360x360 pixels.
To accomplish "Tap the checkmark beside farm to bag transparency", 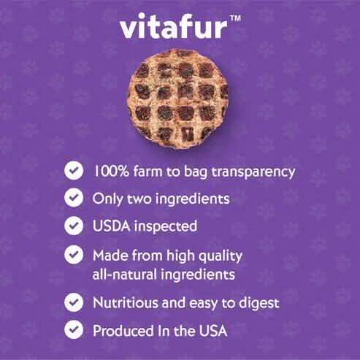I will [73, 171].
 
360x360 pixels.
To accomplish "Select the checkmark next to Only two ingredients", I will [73, 198].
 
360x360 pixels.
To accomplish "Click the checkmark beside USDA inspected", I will [73, 226].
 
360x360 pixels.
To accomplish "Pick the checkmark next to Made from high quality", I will [73, 255].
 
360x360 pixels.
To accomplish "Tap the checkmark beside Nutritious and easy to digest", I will [73, 302].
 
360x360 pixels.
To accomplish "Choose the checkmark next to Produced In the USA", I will [73, 329].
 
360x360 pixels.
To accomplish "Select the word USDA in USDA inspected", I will [112, 226].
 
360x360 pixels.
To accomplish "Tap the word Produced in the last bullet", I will [120, 329].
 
